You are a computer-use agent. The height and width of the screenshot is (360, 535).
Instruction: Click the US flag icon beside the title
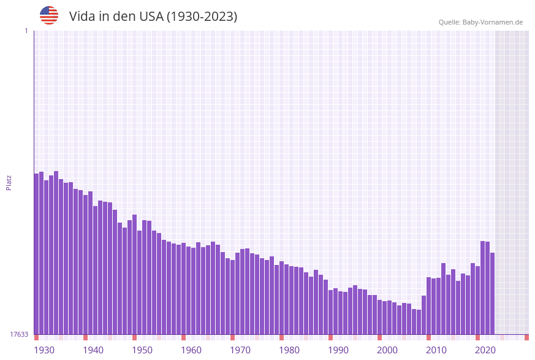pos(49,15)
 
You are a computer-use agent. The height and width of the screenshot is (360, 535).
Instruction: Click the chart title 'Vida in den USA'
pos(153,17)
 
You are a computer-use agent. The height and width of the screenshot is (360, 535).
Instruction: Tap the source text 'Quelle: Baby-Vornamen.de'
pos(480,22)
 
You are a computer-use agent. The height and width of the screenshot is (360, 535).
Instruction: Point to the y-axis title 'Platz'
pos(9,182)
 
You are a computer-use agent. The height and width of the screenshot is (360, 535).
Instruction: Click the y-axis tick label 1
pos(26,31)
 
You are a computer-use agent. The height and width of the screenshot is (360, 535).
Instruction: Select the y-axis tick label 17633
pos(19,334)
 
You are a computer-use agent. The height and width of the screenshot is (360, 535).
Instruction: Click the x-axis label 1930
pos(44,350)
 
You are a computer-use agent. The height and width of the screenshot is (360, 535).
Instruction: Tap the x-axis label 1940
pos(93,350)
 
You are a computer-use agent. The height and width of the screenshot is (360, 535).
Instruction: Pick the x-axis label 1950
pos(142,350)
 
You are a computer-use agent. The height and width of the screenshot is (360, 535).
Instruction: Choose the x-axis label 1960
pos(191,350)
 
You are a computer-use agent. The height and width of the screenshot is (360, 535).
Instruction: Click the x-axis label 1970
pos(240,350)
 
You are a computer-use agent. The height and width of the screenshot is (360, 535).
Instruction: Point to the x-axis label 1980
pos(289,350)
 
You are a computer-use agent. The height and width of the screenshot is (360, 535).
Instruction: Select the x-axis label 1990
pos(338,350)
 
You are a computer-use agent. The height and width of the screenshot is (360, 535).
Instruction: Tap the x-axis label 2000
pos(387,350)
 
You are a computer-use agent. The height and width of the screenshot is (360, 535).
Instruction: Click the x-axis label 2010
pos(436,350)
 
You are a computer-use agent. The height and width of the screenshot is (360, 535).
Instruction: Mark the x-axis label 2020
pos(485,350)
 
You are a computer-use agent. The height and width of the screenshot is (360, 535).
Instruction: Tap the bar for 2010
pos(433,307)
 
